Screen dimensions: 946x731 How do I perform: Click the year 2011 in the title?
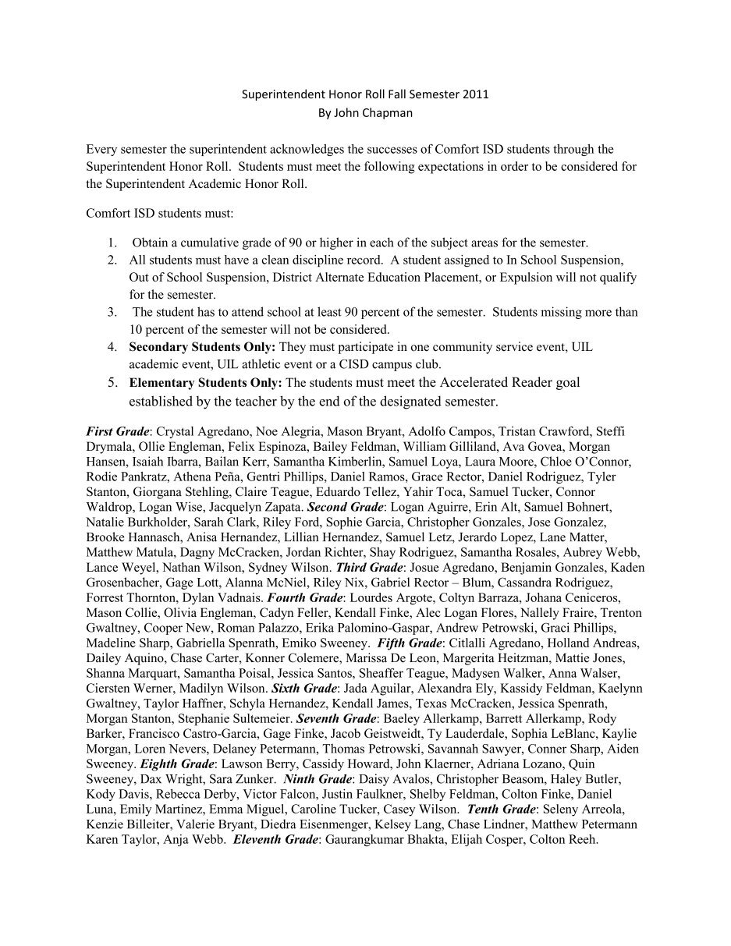(x=476, y=95)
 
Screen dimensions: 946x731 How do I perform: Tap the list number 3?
(x=112, y=312)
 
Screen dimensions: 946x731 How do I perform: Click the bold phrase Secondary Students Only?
(x=202, y=345)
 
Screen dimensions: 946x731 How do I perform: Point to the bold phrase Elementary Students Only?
(x=206, y=382)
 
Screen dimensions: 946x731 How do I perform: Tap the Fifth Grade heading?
(x=409, y=643)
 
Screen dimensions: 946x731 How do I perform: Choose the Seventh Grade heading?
(x=337, y=719)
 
